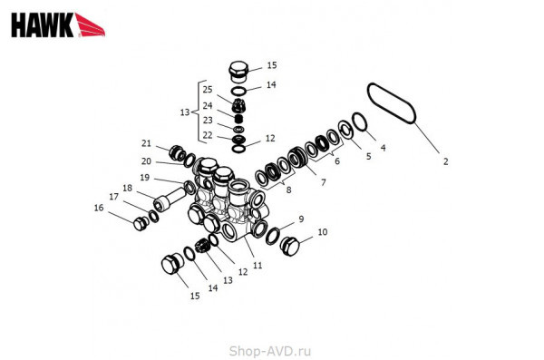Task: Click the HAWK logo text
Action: (x=43, y=25)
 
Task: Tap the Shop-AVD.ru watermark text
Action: (x=270, y=351)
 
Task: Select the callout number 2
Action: (x=445, y=161)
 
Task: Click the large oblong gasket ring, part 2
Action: (x=392, y=103)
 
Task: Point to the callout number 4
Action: (x=383, y=148)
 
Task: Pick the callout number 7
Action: (x=324, y=182)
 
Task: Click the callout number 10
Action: (x=323, y=232)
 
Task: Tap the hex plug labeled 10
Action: (x=290, y=246)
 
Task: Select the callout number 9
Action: (x=301, y=219)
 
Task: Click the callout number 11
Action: (x=257, y=266)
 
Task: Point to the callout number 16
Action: (x=99, y=208)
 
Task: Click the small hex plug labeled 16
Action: (x=141, y=224)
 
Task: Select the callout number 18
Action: (x=127, y=188)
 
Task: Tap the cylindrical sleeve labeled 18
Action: (x=170, y=198)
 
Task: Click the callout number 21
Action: (x=146, y=143)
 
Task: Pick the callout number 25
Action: (x=208, y=90)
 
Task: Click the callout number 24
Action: (x=208, y=105)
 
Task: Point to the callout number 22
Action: (x=208, y=135)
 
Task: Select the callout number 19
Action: (x=145, y=178)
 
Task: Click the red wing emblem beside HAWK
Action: (x=90, y=25)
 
